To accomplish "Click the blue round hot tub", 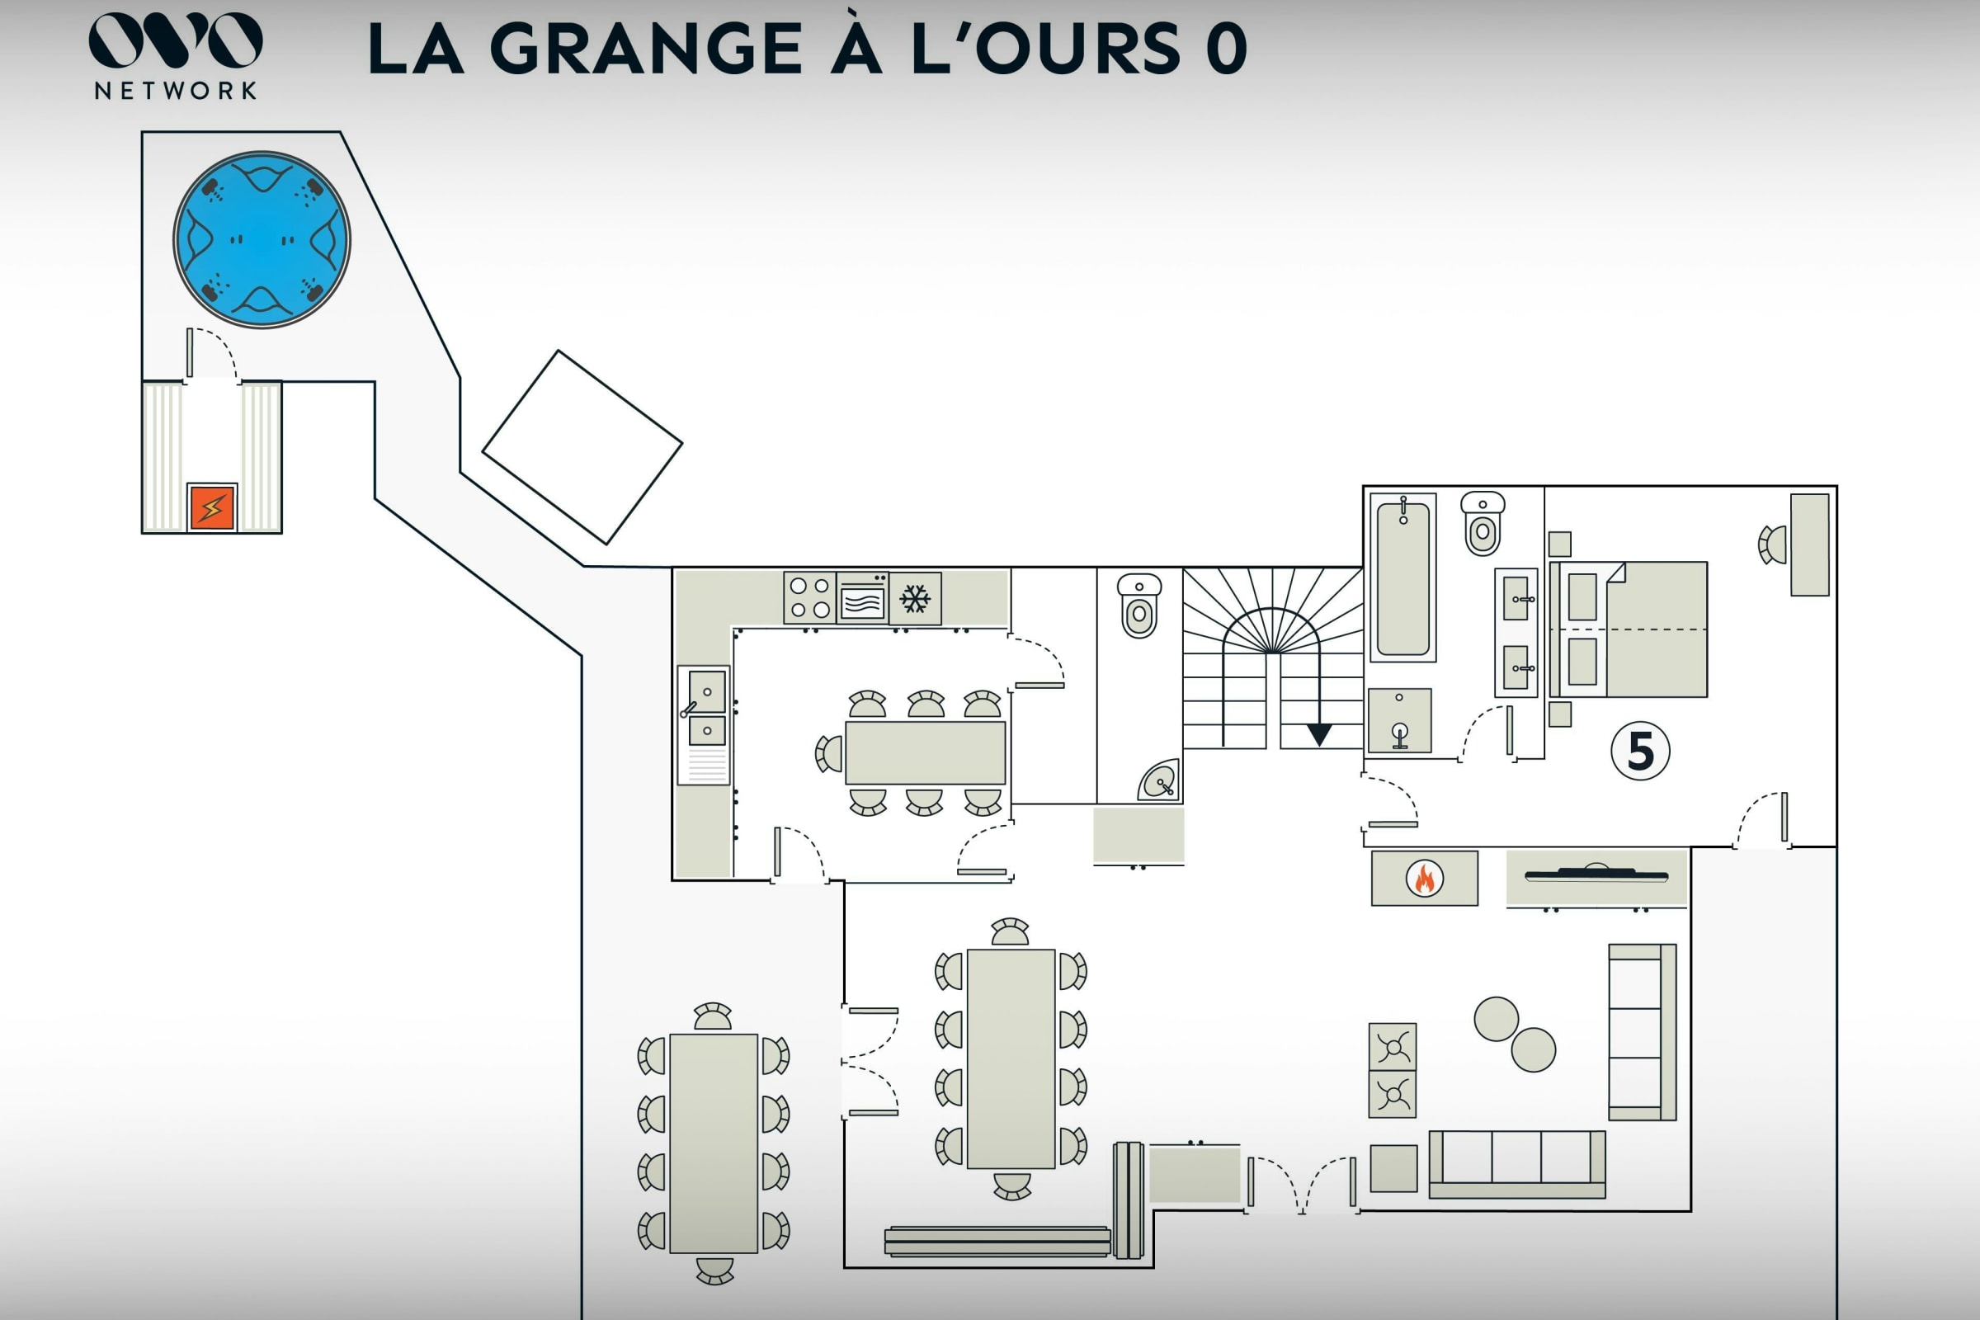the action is (x=262, y=240).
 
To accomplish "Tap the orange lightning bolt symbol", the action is (x=212, y=507).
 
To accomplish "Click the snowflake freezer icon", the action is (x=915, y=599).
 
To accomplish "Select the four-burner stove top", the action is (x=810, y=596).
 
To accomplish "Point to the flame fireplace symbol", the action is (x=1425, y=878).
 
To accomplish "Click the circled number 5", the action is (x=1641, y=751).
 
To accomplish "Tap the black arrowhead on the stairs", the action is (x=1319, y=735).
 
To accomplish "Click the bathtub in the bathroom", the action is (x=1403, y=577).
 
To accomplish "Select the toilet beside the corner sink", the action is (x=1139, y=606).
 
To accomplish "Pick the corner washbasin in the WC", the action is (x=1160, y=781).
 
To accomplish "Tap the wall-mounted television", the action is (x=1596, y=874).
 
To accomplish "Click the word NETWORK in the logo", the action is (x=176, y=91).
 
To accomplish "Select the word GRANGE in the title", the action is (x=647, y=49).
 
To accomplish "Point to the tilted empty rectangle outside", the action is (x=582, y=447).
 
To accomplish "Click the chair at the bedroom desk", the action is (x=1773, y=544).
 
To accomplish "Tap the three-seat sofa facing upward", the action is (x=1517, y=1164).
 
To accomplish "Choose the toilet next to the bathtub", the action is (x=1483, y=524).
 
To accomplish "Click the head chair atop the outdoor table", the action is (x=713, y=1016).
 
